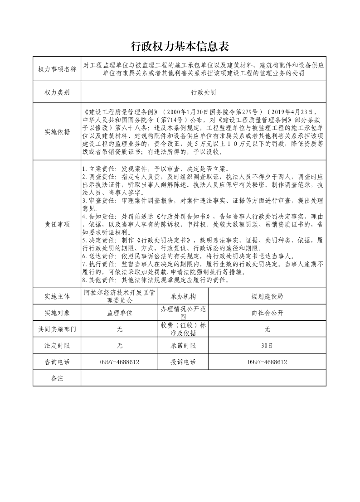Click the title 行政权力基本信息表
[180, 46]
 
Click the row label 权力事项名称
[57, 69]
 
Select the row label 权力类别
[57, 92]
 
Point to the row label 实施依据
[57, 132]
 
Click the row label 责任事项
[57, 224]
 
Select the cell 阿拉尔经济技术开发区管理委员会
[119, 296]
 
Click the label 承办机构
[183, 296]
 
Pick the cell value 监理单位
[119, 313]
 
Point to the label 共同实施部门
[57, 329]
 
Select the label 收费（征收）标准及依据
[183, 329]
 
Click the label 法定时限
[57, 346]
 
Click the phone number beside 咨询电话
[119, 362]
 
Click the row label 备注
[57, 378]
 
